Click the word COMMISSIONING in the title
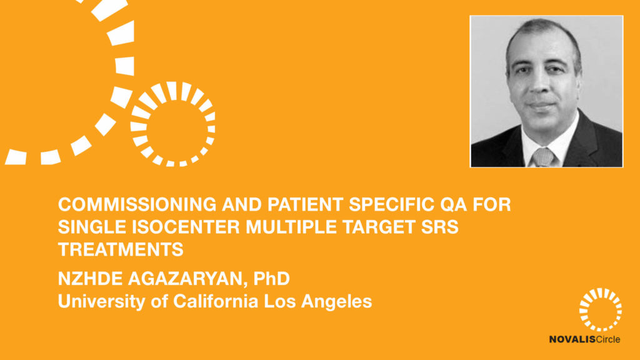coord(137,204)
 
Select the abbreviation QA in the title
coord(453,205)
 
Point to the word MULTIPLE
coord(291,227)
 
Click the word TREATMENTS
coord(121,249)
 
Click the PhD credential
coord(271,279)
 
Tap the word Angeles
coord(337,302)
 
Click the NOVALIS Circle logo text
coord(584,339)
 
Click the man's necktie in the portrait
coord(543,157)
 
